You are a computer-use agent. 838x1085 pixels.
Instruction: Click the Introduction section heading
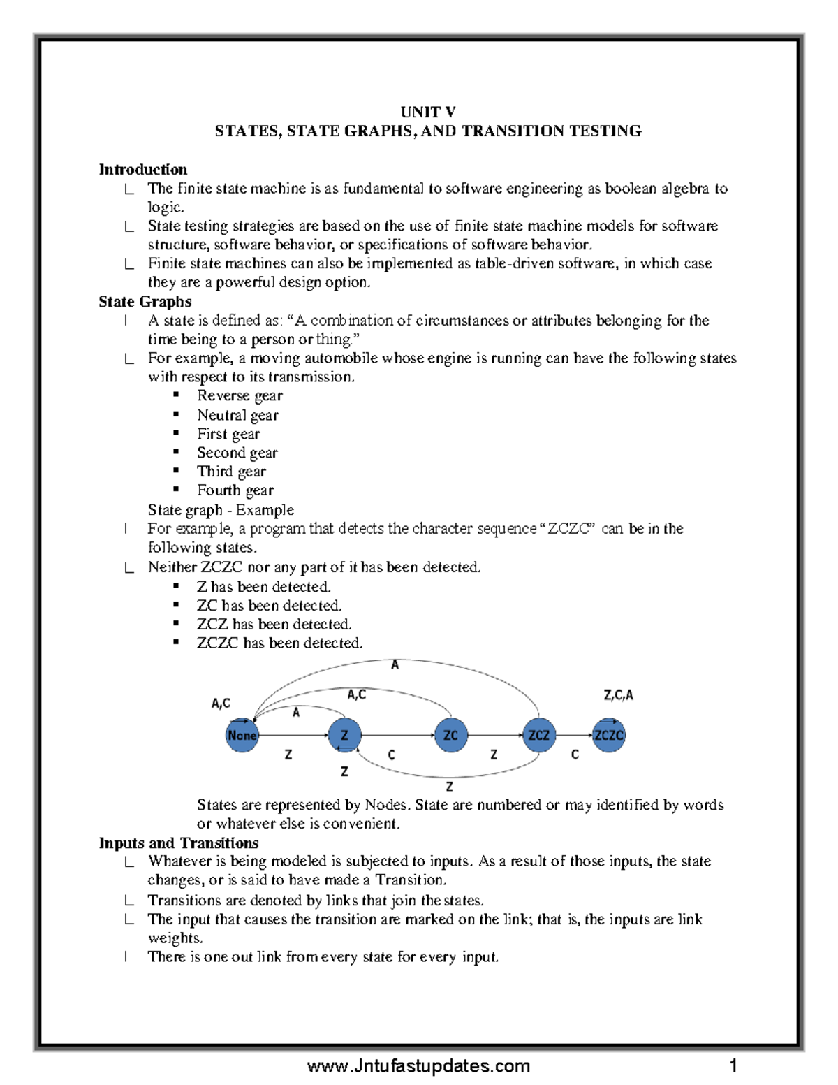click(x=142, y=169)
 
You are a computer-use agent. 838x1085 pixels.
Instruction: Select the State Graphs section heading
click(x=145, y=301)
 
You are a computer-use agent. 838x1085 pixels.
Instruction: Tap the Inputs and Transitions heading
click(x=178, y=843)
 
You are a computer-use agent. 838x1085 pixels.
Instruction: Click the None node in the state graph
click(x=242, y=736)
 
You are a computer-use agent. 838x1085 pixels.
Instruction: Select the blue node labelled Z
click(x=344, y=736)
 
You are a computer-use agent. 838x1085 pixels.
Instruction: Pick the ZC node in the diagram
click(x=450, y=736)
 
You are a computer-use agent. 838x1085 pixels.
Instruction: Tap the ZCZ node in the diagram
click(x=538, y=736)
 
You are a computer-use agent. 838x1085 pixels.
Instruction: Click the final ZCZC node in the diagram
click(x=608, y=736)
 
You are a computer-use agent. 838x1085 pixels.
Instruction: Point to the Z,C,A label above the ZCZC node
click(x=618, y=695)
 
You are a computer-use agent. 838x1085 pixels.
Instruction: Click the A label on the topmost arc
click(x=395, y=665)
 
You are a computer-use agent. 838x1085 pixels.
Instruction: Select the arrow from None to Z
click(x=293, y=736)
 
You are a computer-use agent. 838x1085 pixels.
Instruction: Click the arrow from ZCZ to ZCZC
click(x=573, y=736)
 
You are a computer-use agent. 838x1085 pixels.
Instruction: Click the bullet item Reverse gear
click(x=240, y=395)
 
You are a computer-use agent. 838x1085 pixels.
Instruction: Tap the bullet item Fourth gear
click(x=235, y=490)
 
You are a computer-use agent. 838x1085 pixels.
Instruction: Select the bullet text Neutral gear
click(x=237, y=415)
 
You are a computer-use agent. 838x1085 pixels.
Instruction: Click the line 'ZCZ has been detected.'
click(x=274, y=624)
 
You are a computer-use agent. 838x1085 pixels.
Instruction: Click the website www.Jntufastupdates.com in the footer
click(x=418, y=1066)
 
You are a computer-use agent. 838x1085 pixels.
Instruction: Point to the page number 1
click(x=733, y=1066)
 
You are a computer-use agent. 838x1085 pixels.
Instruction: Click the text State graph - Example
click(x=221, y=509)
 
